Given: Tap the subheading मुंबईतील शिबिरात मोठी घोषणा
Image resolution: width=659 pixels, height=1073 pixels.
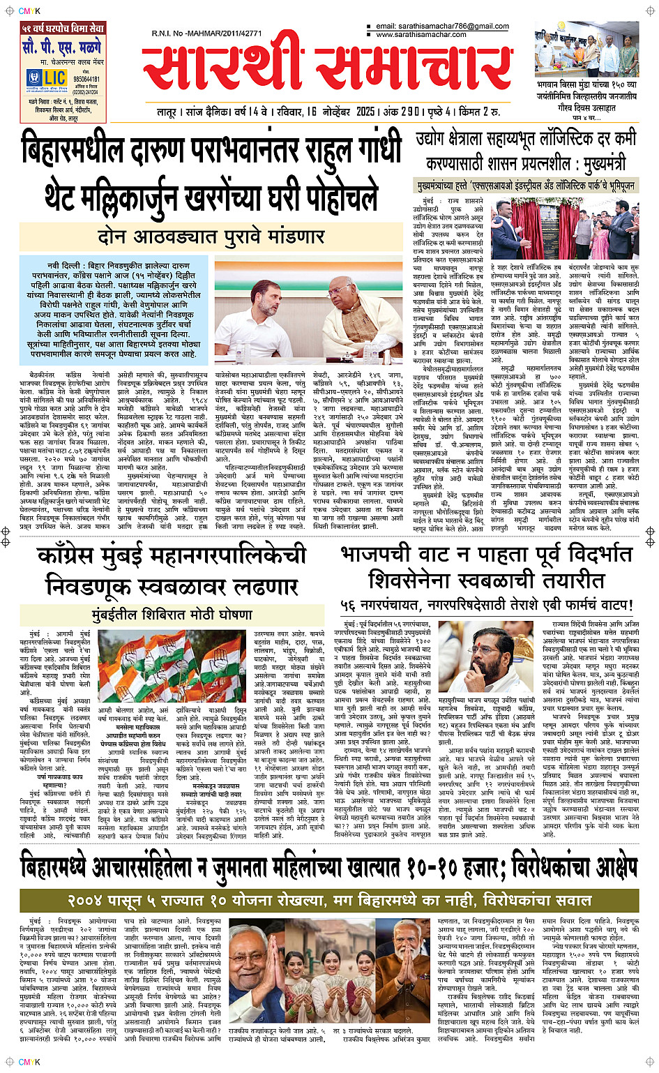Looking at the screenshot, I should (x=172, y=615).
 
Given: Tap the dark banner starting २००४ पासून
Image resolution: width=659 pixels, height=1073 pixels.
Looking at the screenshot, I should (x=329, y=900).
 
